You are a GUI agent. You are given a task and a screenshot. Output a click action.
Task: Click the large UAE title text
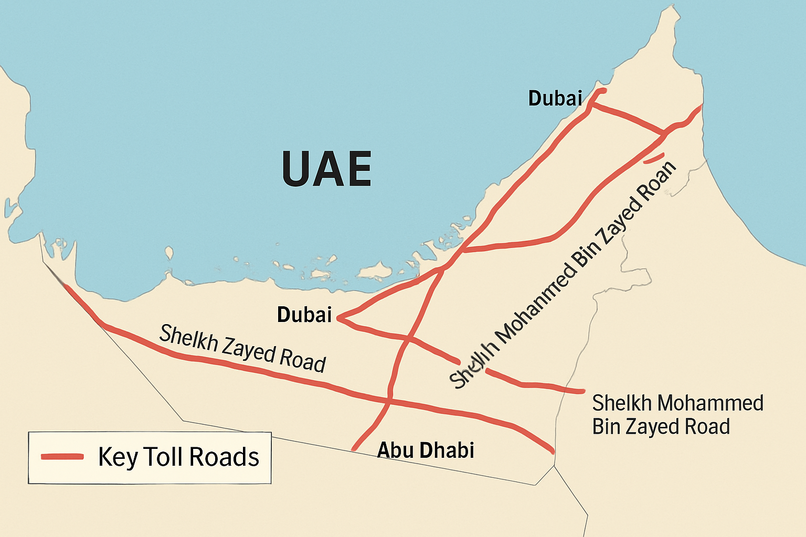pos(326,169)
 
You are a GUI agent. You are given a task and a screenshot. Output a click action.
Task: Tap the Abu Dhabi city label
pos(426,450)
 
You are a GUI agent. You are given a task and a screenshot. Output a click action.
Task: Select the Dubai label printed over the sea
pos(555,98)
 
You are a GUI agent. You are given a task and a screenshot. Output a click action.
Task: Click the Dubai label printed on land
pos(304,315)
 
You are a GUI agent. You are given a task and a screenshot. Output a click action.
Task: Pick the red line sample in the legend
pos(62,457)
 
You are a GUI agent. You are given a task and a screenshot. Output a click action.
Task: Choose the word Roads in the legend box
pos(224,457)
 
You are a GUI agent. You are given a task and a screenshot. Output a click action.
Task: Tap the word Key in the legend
pos(117,457)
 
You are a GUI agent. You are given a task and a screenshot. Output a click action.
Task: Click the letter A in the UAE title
pos(326,169)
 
